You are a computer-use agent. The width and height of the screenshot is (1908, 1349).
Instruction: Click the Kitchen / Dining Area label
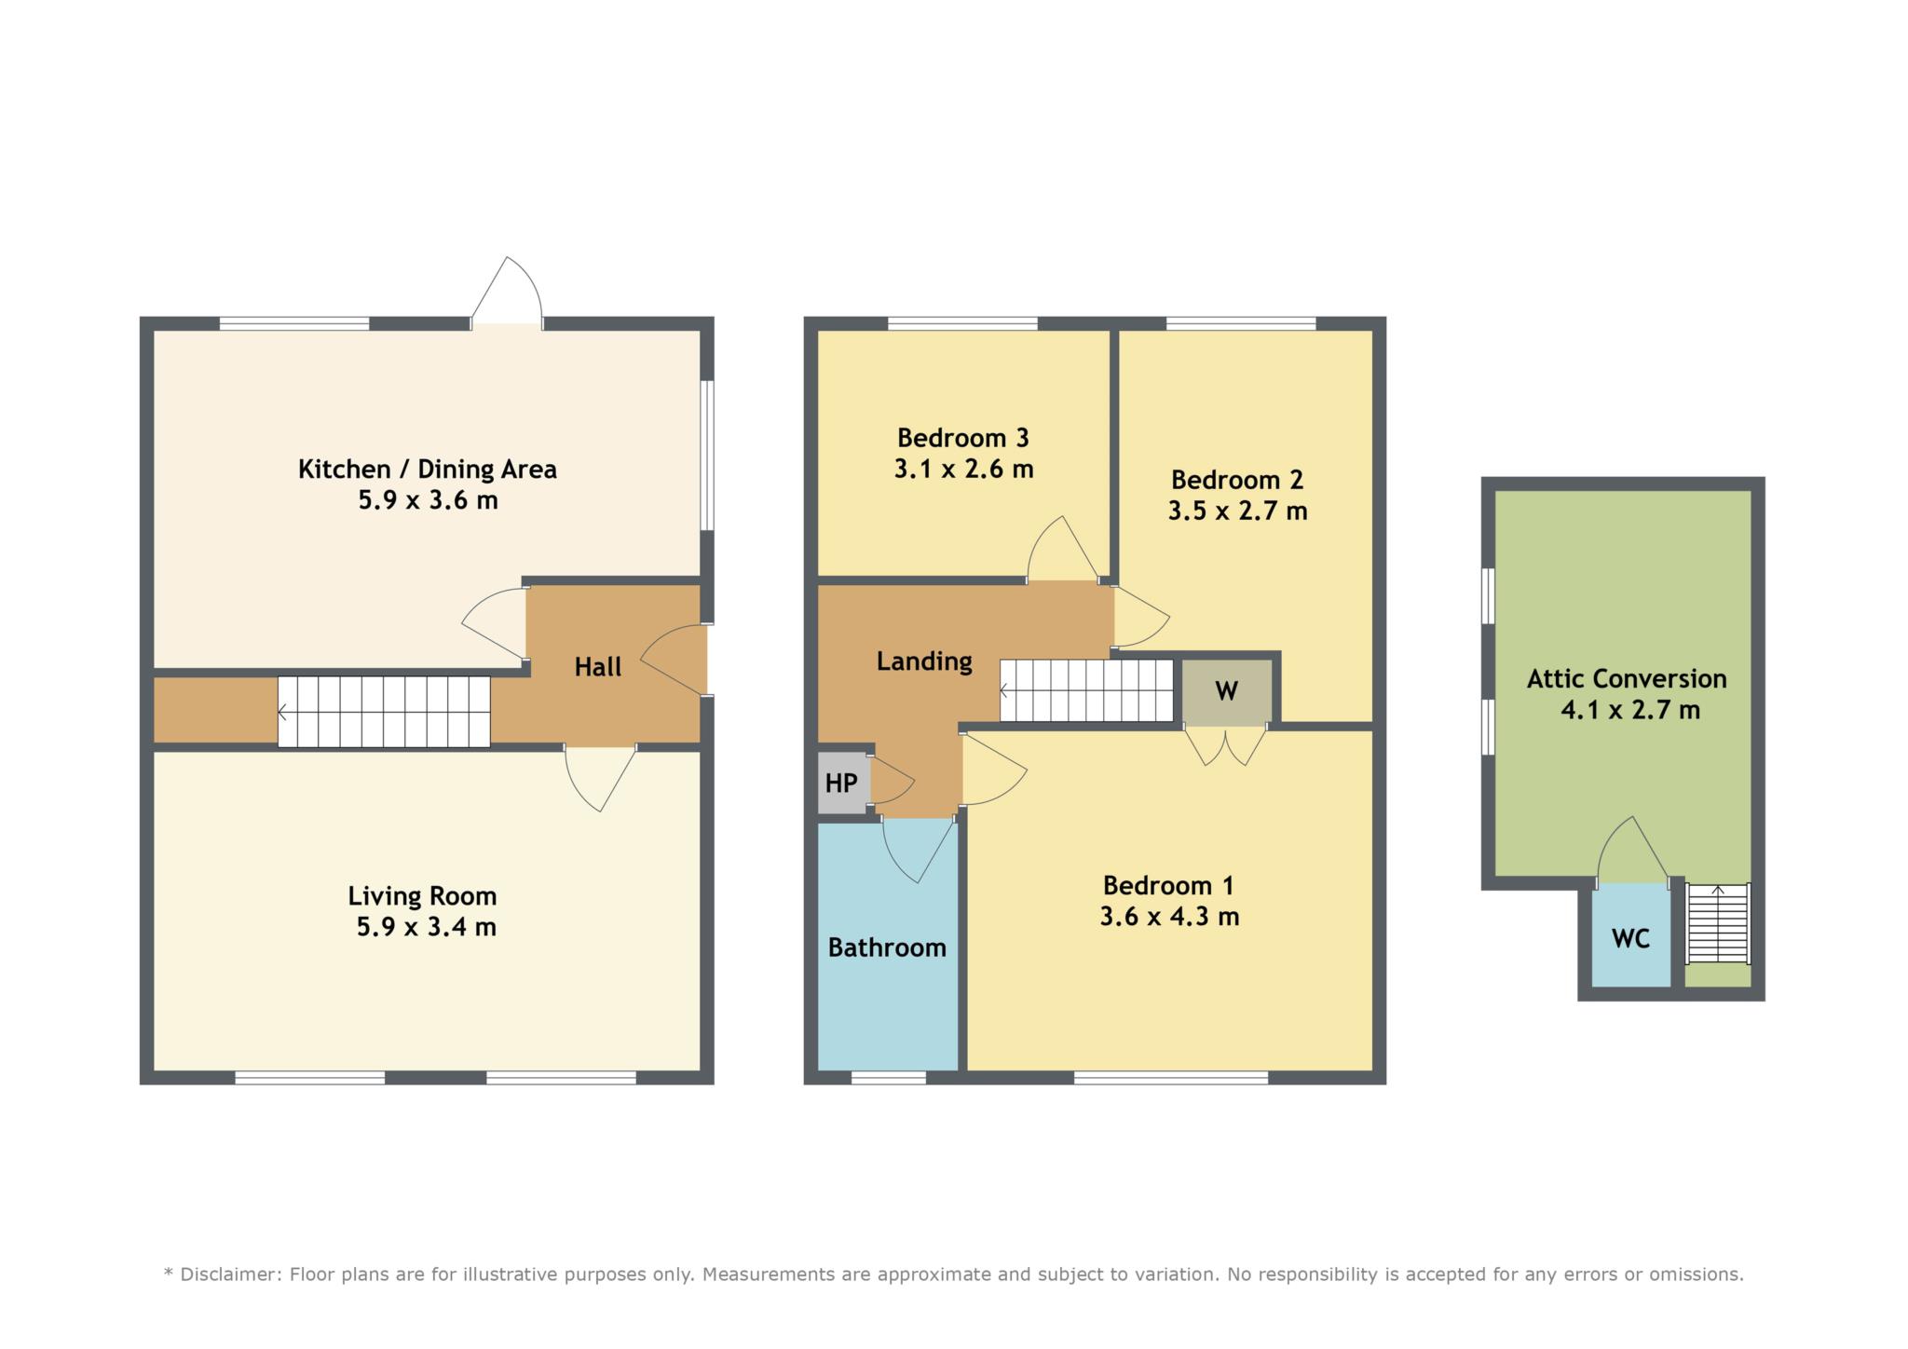point(427,469)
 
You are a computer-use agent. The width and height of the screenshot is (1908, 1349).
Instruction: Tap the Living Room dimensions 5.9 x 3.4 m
point(426,927)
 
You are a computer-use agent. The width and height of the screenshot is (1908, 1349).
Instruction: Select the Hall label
point(597,666)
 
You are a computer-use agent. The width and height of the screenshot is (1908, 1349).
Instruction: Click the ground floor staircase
point(384,712)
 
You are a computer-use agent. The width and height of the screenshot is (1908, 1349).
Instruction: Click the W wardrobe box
point(1226,690)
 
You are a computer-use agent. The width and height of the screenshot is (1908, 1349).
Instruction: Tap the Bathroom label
point(887,947)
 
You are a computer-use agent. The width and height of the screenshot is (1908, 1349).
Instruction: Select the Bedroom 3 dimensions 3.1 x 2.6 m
point(963,469)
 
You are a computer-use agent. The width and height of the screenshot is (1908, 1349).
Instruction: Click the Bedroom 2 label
point(1237,480)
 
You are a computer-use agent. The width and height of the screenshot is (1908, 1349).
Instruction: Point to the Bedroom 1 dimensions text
point(1169,917)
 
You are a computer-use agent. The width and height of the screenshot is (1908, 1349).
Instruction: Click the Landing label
point(924,661)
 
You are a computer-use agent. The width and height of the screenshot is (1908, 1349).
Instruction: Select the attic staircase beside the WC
point(1719,923)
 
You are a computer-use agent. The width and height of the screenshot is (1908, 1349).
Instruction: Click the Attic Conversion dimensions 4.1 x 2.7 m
point(1630,710)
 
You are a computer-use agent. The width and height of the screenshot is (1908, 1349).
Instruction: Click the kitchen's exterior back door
point(507,292)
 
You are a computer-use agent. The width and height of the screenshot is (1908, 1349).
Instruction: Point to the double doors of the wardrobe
point(1226,745)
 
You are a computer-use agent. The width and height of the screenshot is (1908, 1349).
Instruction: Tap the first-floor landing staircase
point(1086,690)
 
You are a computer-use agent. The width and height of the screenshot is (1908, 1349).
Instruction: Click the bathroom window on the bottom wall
point(889,1078)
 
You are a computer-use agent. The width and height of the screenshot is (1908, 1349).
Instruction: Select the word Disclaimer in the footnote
point(226,1274)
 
